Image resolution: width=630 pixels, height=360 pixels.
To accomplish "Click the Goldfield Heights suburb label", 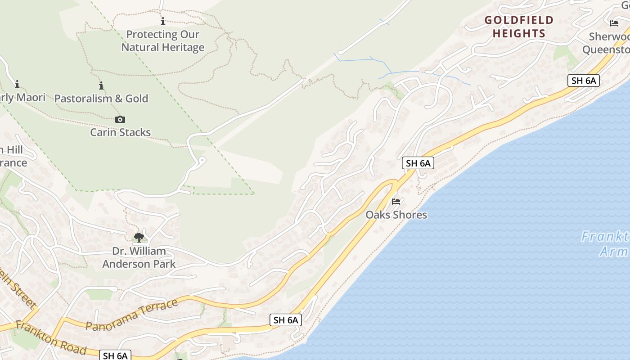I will (x=518, y=27).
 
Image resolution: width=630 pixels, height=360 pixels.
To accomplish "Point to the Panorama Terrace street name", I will (x=131, y=315).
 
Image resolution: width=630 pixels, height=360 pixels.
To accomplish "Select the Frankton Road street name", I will (x=50, y=337).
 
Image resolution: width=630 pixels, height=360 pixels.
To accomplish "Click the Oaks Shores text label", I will (x=396, y=215).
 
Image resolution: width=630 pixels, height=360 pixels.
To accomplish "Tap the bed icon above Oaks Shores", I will (x=396, y=201).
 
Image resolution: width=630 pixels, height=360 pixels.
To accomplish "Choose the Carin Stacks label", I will (x=120, y=132).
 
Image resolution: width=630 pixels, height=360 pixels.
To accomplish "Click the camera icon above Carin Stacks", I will (x=120, y=119).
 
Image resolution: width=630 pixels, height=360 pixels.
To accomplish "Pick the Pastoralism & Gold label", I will (x=101, y=99).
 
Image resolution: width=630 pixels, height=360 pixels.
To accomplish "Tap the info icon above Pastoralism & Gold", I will (x=101, y=85).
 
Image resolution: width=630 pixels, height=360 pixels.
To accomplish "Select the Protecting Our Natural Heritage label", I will (x=163, y=40).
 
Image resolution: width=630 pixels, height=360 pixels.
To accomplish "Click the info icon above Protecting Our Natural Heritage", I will (x=163, y=21).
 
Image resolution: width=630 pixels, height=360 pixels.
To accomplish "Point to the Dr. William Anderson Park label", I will (x=139, y=257).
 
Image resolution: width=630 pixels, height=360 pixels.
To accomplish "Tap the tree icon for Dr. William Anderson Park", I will (x=139, y=237).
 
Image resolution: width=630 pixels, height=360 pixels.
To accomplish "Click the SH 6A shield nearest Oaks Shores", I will (x=418, y=163).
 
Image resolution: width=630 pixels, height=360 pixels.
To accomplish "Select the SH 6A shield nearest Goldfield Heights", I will (x=583, y=81).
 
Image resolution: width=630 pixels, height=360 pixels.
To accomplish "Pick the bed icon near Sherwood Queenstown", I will (x=614, y=23).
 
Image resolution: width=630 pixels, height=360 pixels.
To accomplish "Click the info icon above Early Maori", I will (x=17, y=84).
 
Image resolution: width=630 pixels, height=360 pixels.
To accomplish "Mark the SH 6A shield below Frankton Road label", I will (x=115, y=355).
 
